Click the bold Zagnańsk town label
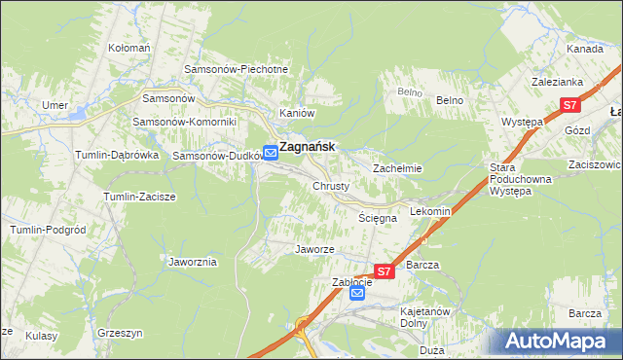click(x=308, y=147)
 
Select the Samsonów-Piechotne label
click(x=237, y=70)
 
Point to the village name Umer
click(x=54, y=104)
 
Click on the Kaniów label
click(x=296, y=113)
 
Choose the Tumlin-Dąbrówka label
click(x=117, y=155)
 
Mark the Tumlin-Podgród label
click(x=46, y=229)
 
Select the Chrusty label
click(x=331, y=186)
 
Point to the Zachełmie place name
click(x=397, y=168)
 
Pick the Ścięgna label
click(x=378, y=219)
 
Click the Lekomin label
click(x=430, y=211)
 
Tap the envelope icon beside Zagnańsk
click(x=270, y=147)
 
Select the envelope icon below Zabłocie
click(x=357, y=293)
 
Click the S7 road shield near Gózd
click(x=570, y=105)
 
